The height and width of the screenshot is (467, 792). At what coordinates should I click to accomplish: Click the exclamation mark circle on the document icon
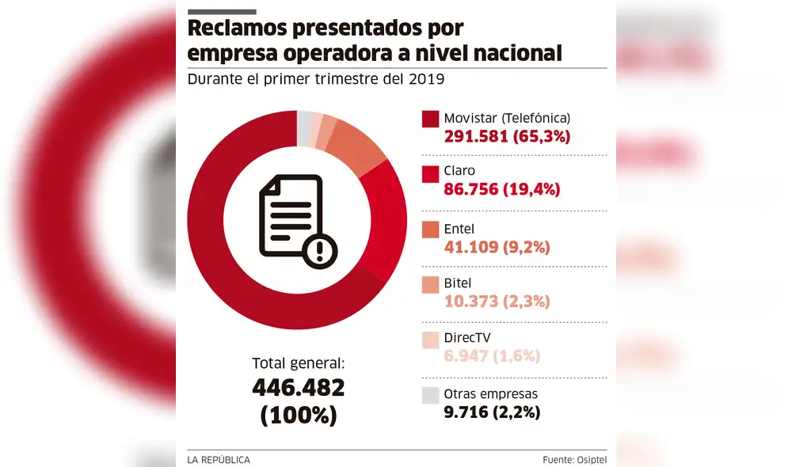point(320,251)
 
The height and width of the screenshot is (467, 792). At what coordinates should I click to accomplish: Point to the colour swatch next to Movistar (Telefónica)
point(430,119)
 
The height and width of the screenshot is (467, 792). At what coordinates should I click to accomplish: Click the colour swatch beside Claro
point(430,173)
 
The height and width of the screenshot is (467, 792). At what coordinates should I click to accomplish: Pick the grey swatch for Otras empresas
point(430,395)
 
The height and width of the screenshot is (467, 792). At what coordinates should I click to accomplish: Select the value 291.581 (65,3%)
point(507,136)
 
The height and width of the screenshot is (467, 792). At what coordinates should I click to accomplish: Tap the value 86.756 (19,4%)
point(501,191)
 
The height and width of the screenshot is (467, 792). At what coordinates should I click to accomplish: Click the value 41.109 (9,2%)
point(497,247)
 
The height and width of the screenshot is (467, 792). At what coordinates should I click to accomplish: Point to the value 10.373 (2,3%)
point(497,302)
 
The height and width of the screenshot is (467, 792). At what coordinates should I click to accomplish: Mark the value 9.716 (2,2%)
point(492,412)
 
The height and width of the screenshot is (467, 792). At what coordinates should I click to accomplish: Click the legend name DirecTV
point(466,338)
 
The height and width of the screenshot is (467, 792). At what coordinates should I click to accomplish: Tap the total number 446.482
point(299,388)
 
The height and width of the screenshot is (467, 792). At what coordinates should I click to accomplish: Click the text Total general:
point(299,363)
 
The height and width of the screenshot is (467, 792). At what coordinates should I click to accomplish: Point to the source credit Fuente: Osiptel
point(574,459)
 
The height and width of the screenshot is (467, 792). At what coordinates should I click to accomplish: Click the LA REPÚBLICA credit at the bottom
point(219,459)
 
